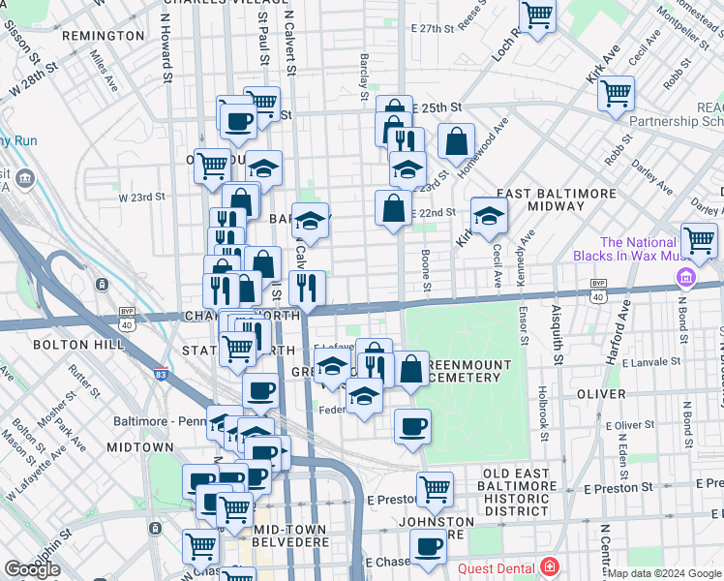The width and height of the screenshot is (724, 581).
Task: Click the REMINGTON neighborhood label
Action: coord(103,36)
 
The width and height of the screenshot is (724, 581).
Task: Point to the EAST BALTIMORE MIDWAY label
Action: coord(556,199)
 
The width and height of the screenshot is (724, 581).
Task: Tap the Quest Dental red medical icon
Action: coord(550,567)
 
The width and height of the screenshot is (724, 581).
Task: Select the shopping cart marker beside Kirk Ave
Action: coord(616,94)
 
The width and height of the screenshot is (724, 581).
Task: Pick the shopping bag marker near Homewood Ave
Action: coord(456,141)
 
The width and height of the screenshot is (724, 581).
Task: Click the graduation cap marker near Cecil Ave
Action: coord(490,217)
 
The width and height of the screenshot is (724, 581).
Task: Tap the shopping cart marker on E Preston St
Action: coord(435,489)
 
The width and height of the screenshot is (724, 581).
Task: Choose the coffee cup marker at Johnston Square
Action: coord(427,544)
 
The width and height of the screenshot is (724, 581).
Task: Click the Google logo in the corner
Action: coord(33,569)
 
